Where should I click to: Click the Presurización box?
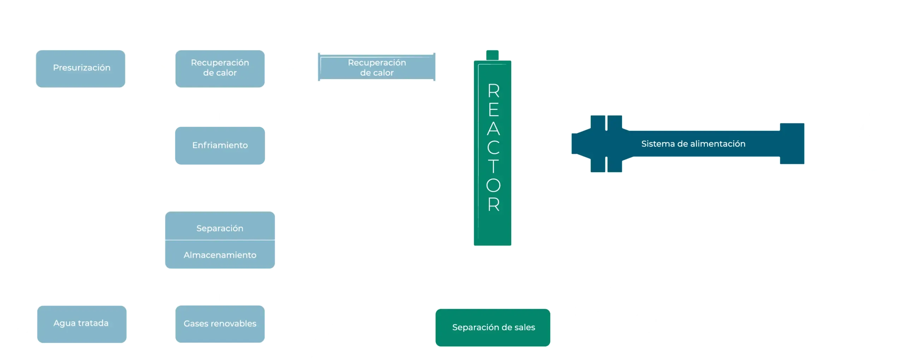81,68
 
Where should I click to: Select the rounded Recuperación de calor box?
220,68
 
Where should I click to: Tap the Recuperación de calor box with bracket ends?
376,67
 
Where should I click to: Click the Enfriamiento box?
220,145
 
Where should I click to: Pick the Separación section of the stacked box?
220,226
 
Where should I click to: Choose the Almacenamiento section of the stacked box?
220,254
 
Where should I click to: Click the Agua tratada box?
82,324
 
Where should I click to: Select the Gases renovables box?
220,324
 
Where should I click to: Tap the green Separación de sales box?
493,328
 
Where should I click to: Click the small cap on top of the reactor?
492,55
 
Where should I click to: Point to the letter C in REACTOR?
493,148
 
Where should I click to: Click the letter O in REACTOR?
493,185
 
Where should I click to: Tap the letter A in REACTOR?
493,128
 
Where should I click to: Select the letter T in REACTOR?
493,166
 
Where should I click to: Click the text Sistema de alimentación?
693,144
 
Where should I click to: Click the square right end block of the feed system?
792,144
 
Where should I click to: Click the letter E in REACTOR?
494,110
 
